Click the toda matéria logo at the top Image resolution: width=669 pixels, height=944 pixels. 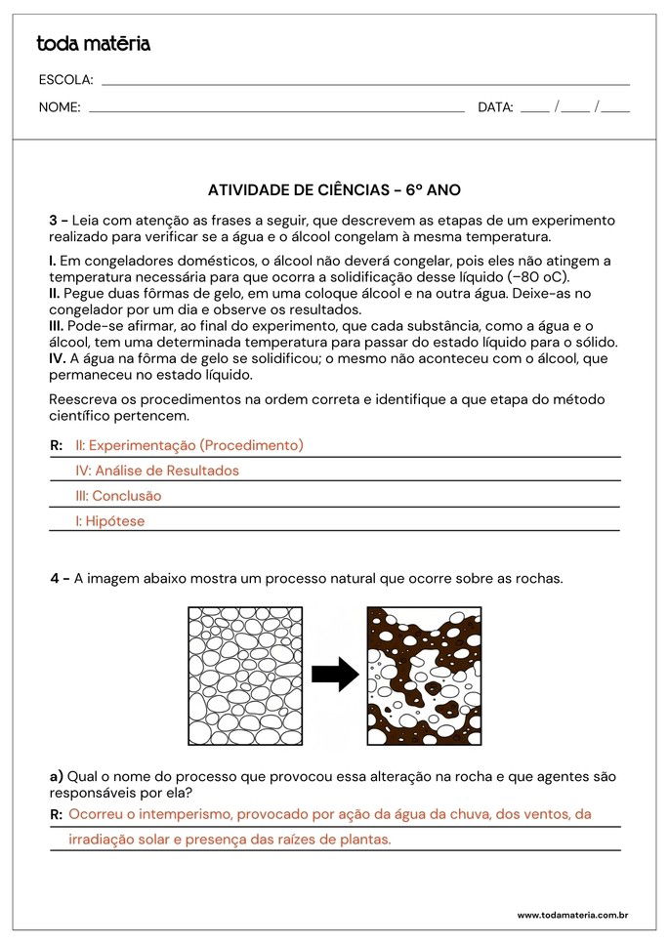(93, 44)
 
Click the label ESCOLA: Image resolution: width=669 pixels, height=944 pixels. (65, 80)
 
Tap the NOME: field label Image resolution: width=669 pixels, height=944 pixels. (60, 107)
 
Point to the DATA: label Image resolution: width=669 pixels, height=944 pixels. (495, 107)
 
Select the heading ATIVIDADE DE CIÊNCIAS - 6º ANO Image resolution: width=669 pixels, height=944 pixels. (334, 190)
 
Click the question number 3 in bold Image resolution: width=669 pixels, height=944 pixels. (54, 221)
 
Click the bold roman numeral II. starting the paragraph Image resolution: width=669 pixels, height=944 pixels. (54, 293)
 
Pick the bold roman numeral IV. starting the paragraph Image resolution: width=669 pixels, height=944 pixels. (56, 358)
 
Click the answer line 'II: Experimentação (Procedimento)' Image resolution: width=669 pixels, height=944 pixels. (189, 445)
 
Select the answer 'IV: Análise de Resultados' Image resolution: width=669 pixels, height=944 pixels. (157, 471)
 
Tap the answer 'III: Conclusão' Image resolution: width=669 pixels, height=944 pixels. (118, 496)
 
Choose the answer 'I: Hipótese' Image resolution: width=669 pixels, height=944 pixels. (109, 521)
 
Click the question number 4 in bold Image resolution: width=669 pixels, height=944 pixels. (56, 578)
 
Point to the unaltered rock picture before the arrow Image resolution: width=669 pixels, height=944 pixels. (245, 676)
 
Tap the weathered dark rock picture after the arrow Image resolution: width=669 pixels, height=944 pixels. (424, 676)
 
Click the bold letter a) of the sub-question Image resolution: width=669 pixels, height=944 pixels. (57, 776)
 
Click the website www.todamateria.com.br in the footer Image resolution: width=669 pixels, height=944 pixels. (571, 916)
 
